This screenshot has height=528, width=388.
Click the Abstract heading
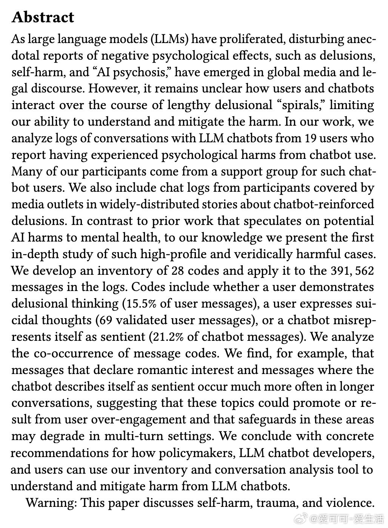click(43, 18)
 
